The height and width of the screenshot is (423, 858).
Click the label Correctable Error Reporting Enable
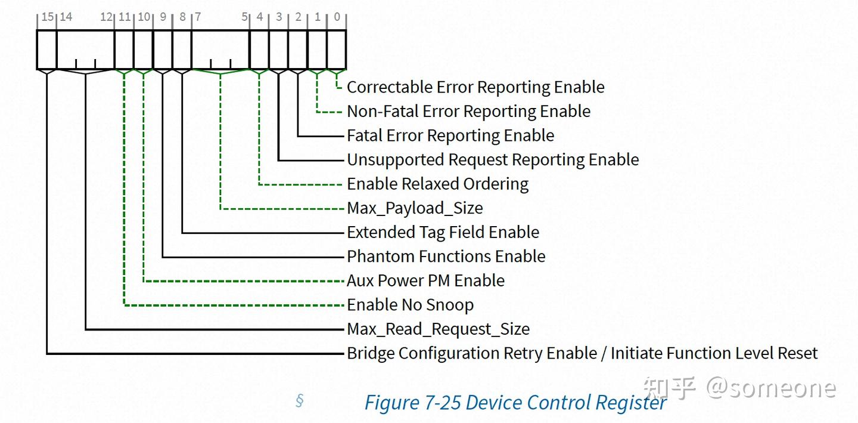coord(475,87)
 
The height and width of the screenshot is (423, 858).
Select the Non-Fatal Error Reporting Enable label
coord(468,112)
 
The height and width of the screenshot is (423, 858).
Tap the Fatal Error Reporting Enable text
coord(450,135)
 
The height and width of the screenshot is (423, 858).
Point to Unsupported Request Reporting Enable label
coord(493,160)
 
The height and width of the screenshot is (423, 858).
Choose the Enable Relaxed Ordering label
coord(437,184)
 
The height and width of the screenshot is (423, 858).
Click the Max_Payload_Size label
coord(415,208)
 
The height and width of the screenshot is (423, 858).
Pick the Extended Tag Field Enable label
coord(443,232)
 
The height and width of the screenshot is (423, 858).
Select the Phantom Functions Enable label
coord(446,257)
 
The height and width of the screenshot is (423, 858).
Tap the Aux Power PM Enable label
coord(425,280)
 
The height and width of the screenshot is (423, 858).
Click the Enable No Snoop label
coord(410,305)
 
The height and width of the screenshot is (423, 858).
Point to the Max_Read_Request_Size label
coord(438,329)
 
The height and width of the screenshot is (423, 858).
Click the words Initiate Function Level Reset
coord(714,353)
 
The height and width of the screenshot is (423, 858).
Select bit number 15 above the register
coord(47,17)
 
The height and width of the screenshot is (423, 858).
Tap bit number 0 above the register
coord(337,17)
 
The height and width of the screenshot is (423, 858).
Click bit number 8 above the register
coord(182,17)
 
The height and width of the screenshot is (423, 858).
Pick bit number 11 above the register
coord(124,17)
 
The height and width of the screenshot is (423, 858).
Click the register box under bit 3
coord(278,50)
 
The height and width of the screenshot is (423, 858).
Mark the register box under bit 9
coord(163,50)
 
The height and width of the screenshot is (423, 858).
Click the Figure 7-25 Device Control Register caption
coord(515,403)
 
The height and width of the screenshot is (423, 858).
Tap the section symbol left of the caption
coord(300,400)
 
